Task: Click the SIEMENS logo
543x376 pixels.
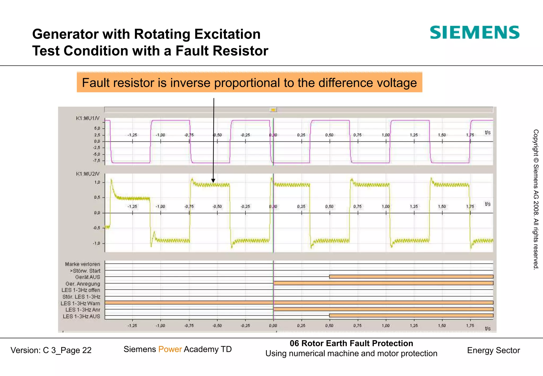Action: [474, 33]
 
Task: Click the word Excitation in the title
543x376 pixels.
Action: [227, 34]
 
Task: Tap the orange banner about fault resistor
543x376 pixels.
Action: [249, 82]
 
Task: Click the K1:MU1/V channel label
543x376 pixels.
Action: [87, 118]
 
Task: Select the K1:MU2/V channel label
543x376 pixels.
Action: [87, 174]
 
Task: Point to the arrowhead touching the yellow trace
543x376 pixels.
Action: [213, 181]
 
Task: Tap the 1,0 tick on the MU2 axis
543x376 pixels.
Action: [97, 182]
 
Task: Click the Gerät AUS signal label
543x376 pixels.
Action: [87, 277]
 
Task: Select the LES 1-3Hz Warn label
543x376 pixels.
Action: [80, 303]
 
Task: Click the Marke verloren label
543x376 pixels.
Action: [82, 264]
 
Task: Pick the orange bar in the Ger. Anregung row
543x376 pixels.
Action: [383, 283]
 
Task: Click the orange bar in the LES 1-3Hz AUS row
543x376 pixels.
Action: [411, 316]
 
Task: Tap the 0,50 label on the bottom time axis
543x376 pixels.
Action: [329, 326]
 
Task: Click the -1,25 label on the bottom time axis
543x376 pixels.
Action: [132, 326]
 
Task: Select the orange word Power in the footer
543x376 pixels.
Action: [170, 349]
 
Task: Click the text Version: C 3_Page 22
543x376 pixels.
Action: [51, 350]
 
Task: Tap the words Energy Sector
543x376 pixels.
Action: [493, 350]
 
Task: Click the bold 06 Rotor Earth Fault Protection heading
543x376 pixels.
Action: [351, 343]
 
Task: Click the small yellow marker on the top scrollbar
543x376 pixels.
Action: [273, 110]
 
